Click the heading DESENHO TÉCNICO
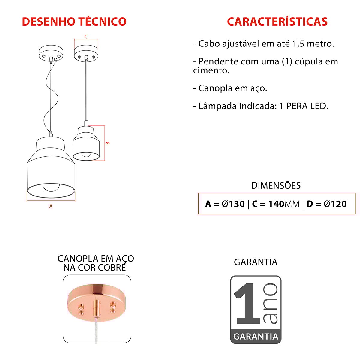pos(74,21)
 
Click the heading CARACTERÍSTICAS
pos(277,21)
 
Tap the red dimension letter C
pos(86,37)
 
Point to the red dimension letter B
pos(108,143)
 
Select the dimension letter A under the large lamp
pos(51,206)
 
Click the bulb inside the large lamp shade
pos(51,187)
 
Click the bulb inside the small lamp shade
pos(86,154)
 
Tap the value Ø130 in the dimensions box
pos(233,204)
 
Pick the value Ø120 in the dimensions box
pos(335,204)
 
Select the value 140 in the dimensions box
pos(276,204)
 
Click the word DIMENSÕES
pos(276,185)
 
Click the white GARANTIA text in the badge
pos(256,337)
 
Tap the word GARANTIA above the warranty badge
pos(256,262)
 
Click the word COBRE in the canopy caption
pos(112,268)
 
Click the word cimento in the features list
pos(211,70)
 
